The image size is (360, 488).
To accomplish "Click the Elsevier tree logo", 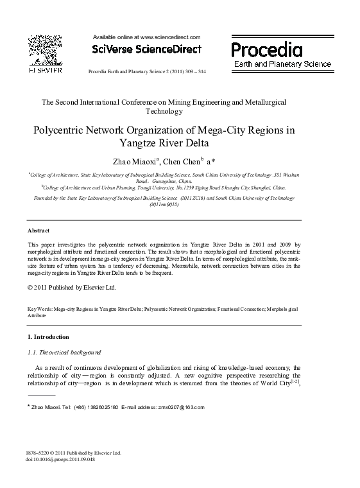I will pyautogui.click(x=44, y=51).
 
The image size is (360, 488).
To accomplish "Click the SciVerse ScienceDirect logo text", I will pyautogui.click(x=147, y=49).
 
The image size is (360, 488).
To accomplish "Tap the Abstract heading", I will pyautogui.click(x=39, y=230).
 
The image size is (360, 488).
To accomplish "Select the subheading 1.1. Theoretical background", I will pyautogui.click(x=64, y=353).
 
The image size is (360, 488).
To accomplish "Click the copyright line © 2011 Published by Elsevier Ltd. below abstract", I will pyautogui.click(x=72, y=287).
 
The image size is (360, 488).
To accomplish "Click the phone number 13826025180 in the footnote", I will pyautogui.click(x=96, y=407).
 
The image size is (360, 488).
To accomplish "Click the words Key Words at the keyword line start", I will pyautogui.click(x=39, y=309).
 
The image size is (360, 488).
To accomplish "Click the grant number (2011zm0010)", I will pyautogui.click(x=164, y=204).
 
